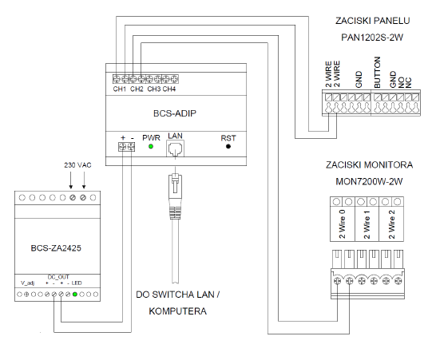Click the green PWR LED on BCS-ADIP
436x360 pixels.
[x=151, y=146]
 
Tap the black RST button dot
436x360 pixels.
[x=228, y=146]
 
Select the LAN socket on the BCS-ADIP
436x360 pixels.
[x=175, y=148]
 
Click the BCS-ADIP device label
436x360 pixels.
[x=175, y=113]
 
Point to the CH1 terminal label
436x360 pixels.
[x=120, y=89]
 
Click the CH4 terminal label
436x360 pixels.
[x=169, y=89]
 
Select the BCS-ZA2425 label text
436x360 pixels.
[x=56, y=248]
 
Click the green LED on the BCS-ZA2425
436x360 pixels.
[x=75, y=294]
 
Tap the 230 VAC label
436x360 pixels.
[x=78, y=165]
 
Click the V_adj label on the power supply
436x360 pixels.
[x=28, y=283]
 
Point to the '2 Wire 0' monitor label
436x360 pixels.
[x=343, y=224]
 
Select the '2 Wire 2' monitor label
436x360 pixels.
[x=392, y=224]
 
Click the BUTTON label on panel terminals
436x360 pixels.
[x=377, y=73]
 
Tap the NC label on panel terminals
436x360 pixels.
[x=408, y=83]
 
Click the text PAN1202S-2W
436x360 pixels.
[x=372, y=38]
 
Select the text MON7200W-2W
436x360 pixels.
[x=369, y=181]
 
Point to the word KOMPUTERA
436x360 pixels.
[x=178, y=311]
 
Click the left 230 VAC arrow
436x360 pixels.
[x=71, y=180]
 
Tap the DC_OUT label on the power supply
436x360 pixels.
[x=58, y=277]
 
